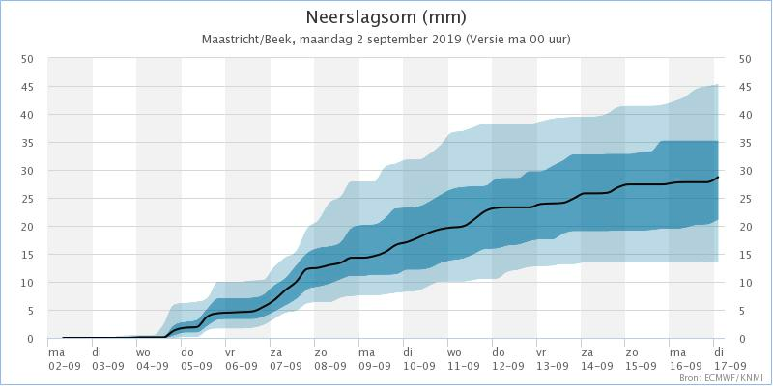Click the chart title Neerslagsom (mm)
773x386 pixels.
[x=386, y=17]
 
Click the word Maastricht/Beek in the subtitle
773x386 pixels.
[x=247, y=40]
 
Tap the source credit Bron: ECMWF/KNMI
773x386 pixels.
[x=721, y=379]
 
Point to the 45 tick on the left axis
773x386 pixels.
[x=28, y=87]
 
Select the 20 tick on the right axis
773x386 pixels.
[x=745, y=227]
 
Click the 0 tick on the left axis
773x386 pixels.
[x=32, y=339]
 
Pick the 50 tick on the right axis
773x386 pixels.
[x=745, y=59]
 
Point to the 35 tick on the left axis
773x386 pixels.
[x=28, y=143]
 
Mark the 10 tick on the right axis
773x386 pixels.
[x=745, y=283]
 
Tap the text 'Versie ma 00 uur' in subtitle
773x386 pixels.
[x=520, y=40]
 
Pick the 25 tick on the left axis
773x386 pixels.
[x=28, y=199]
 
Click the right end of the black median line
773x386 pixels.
[x=718, y=178]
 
